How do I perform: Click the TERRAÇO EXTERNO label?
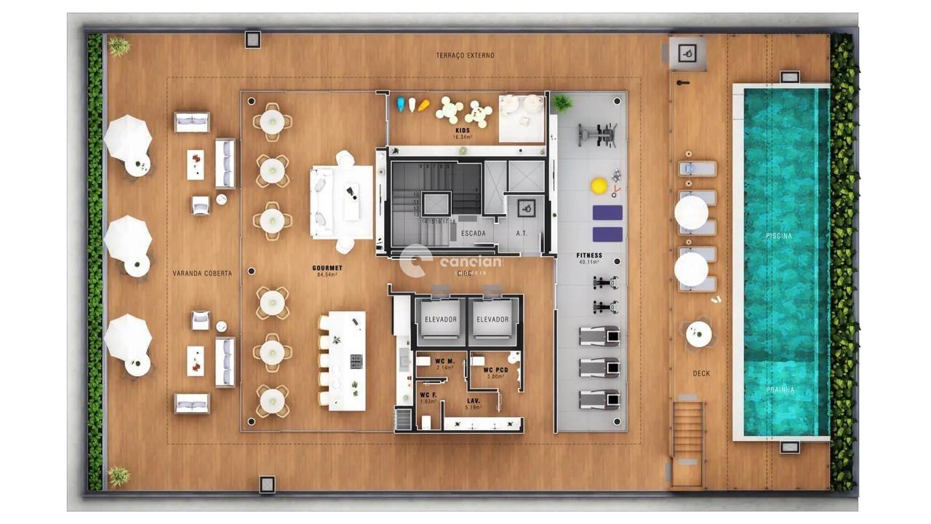coord(465,55)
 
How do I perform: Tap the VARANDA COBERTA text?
coord(202,274)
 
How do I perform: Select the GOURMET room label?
coord(327,269)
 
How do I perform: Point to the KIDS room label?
coord(463,131)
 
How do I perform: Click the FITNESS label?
coord(589,256)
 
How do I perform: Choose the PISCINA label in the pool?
coord(779,236)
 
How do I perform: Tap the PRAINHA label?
coord(780,389)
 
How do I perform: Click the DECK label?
coord(701,373)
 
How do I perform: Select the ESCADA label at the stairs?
coord(473,234)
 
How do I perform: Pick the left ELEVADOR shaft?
coord(441,319)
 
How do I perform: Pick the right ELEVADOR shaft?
coord(492,319)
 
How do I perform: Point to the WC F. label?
coord(428,395)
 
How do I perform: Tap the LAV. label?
coord(473,401)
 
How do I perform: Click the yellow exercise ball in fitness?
coord(599,186)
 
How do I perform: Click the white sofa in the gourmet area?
coord(321,202)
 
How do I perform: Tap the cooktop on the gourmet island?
coord(356,361)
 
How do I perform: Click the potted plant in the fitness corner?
coord(562,103)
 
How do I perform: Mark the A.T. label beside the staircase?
coord(522,234)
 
